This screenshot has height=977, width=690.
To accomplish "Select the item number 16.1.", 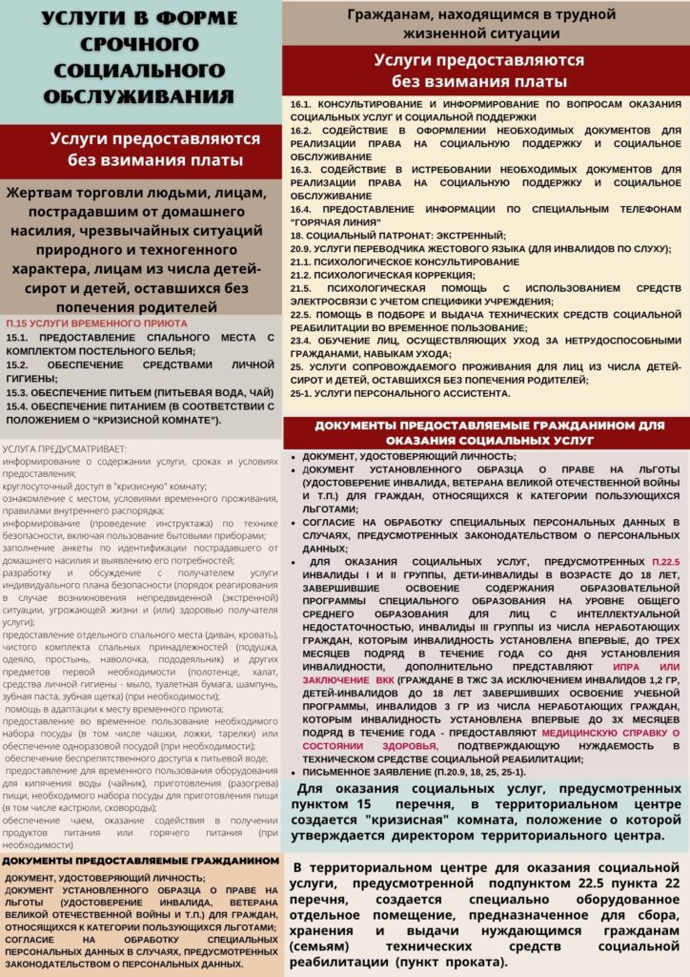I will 302,102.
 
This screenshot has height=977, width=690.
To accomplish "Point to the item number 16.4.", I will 302,208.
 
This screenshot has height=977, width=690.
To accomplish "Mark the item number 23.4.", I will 302,341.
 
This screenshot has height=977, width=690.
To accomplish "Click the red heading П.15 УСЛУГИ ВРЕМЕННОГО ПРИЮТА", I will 90,323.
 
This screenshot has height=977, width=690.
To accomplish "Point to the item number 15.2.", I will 18,364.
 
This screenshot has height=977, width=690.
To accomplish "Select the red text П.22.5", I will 664,563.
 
